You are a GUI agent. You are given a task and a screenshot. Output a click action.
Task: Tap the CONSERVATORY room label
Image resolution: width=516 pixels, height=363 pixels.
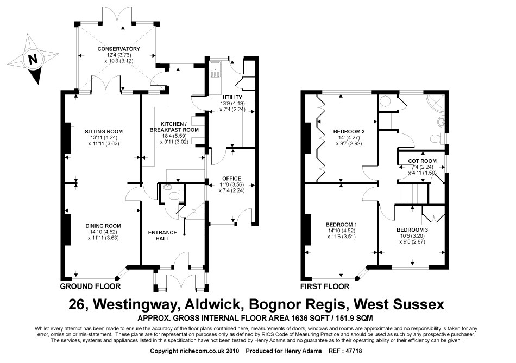(x=118, y=49)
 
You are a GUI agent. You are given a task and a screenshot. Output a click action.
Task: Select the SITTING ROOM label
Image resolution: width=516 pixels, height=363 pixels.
(x=103, y=131)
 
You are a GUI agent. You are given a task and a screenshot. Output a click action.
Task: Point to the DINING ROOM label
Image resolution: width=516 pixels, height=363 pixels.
(x=103, y=226)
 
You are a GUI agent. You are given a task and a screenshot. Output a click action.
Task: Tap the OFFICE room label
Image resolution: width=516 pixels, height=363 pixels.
(x=231, y=179)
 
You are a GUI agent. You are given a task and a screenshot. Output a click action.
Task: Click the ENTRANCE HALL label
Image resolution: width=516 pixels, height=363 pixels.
(x=163, y=236)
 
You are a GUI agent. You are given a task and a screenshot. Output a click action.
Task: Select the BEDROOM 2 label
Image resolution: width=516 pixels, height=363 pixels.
(x=349, y=132)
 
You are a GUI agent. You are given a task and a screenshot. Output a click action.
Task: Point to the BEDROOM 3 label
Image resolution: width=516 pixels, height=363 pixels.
(x=412, y=230)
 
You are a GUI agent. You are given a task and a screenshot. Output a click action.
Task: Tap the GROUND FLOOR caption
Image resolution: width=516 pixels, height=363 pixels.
(x=89, y=286)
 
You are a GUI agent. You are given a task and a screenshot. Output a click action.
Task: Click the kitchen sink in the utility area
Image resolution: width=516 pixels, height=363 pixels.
(x=216, y=68)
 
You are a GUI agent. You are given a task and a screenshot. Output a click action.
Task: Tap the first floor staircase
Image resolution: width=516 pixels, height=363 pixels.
(x=411, y=193)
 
